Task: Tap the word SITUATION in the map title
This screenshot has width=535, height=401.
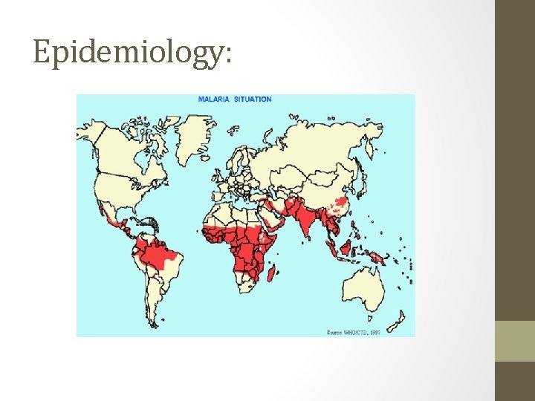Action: click(x=253, y=100)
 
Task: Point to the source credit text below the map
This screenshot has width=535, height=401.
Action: click(x=353, y=332)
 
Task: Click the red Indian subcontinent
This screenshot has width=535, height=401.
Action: click(x=304, y=223)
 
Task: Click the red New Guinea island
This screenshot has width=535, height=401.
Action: click(x=377, y=257)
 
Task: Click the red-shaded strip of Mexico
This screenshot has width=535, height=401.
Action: click(x=114, y=218)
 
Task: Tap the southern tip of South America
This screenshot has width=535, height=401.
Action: click(x=155, y=321)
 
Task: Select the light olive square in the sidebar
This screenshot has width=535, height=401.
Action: click(x=515, y=341)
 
